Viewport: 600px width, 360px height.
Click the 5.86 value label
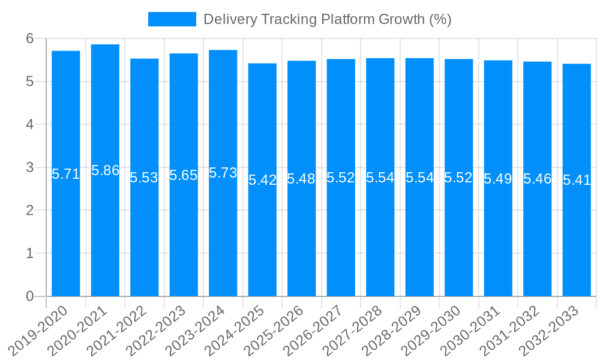tap(105, 170)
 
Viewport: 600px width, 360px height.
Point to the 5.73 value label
tap(223, 173)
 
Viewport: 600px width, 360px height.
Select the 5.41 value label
tap(577, 180)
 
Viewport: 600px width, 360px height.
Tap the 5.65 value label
tap(184, 175)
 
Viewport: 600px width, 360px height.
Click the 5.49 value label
tap(498, 178)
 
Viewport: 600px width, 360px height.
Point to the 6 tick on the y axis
tap(30, 38)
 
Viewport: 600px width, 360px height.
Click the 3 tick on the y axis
tap(30, 167)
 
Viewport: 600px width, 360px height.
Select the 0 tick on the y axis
tap(30, 296)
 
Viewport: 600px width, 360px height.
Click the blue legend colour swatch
tap(172, 19)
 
